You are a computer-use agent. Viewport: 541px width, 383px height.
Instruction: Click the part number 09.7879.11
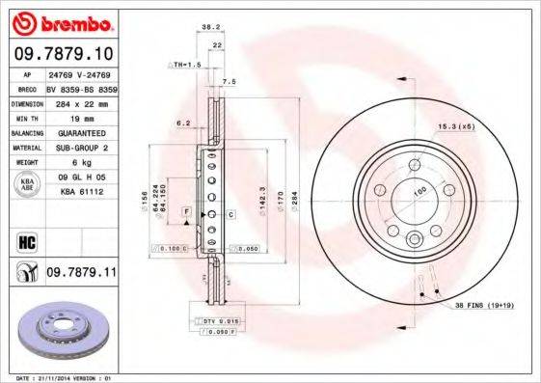point(80,274)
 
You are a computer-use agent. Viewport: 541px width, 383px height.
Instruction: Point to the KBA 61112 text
point(81,192)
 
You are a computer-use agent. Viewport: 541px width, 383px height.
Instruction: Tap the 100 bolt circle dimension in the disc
point(420,192)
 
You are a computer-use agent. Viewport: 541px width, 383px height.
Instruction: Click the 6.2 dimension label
point(182,123)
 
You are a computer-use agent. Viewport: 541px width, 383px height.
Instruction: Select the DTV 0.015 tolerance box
point(214,319)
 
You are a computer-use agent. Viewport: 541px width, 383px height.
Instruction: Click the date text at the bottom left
point(61,377)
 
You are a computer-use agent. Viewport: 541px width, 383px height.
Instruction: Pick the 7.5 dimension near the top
point(229,82)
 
